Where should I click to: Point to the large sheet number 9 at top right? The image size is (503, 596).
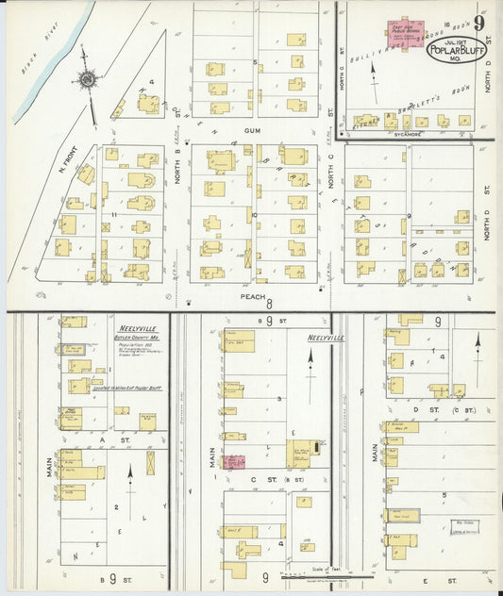[481, 23]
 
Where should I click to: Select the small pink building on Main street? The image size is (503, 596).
[234, 462]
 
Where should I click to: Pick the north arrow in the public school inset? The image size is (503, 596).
[375, 77]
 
